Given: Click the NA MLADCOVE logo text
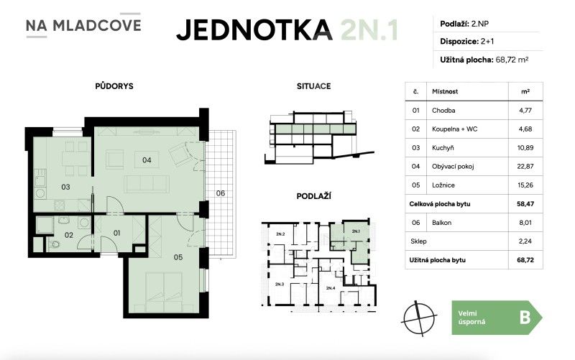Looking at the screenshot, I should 83,26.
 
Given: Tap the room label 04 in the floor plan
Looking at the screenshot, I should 147,160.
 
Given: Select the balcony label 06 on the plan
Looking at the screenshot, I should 221,193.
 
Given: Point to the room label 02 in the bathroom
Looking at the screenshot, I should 70,234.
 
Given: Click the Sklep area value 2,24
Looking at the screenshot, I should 525,241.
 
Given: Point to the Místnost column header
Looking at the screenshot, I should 445,92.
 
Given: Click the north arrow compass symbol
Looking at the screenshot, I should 420,316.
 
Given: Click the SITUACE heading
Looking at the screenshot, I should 313,86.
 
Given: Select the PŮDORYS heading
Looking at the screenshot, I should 114,86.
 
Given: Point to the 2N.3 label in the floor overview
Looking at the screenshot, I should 279,285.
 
